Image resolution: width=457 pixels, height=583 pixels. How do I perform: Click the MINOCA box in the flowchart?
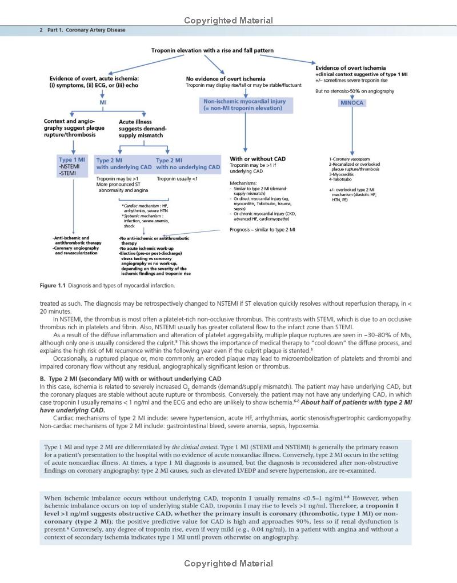point(352,103)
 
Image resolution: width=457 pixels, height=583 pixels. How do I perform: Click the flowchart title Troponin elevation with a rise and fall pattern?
point(212,50)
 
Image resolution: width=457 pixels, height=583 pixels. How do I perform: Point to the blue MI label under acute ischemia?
point(103,102)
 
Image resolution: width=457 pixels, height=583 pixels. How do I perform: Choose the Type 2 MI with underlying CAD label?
point(124,164)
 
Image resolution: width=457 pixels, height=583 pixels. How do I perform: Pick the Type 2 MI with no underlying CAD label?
point(188,164)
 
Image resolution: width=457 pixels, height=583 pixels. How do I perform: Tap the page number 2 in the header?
point(41,30)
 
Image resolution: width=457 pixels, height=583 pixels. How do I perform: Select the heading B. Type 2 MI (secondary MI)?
point(126,378)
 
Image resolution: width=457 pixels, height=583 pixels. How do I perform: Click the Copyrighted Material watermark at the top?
point(228,21)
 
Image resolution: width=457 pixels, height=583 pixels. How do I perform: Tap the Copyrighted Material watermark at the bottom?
point(228,564)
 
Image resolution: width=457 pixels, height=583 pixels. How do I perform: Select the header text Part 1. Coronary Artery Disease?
point(87,30)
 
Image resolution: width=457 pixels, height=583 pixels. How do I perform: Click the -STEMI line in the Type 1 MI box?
point(69,173)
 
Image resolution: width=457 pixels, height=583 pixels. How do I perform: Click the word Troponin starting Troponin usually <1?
point(166,179)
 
